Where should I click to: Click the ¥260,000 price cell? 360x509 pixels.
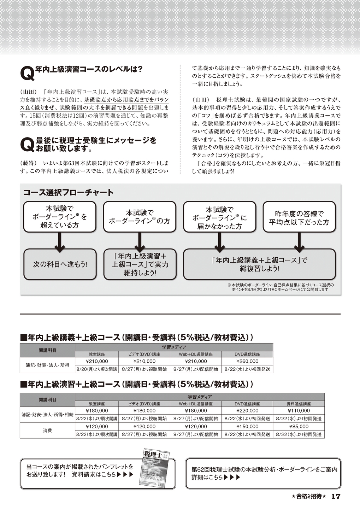[x=247, y=361]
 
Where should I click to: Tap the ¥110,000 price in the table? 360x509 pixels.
[x=299, y=411]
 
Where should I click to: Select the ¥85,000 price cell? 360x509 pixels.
[x=299, y=426]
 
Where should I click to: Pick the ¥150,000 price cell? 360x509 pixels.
[x=247, y=426]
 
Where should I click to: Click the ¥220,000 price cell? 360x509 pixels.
[x=247, y=411]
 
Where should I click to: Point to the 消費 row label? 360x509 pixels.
[x=47, y=431]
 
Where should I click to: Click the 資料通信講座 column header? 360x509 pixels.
[x=299, y=404]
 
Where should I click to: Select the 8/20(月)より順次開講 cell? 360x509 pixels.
[x=96, y=369]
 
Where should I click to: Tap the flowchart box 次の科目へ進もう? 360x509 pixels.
[x=60, y=264]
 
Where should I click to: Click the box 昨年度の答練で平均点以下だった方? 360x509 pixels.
[x=299, y=217]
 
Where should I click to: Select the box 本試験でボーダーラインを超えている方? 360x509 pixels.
[x=60, y=217]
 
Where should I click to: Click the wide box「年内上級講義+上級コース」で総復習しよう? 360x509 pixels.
[x=259, y=264]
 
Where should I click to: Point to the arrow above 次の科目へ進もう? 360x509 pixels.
[x=60, y=242]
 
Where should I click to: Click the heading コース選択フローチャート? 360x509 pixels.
[x=68, y=193]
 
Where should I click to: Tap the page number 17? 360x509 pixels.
[x=336, y=496]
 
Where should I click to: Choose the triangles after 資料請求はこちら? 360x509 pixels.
[x=125, y=474]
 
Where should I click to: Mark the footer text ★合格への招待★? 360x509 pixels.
[x=309, y=496]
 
